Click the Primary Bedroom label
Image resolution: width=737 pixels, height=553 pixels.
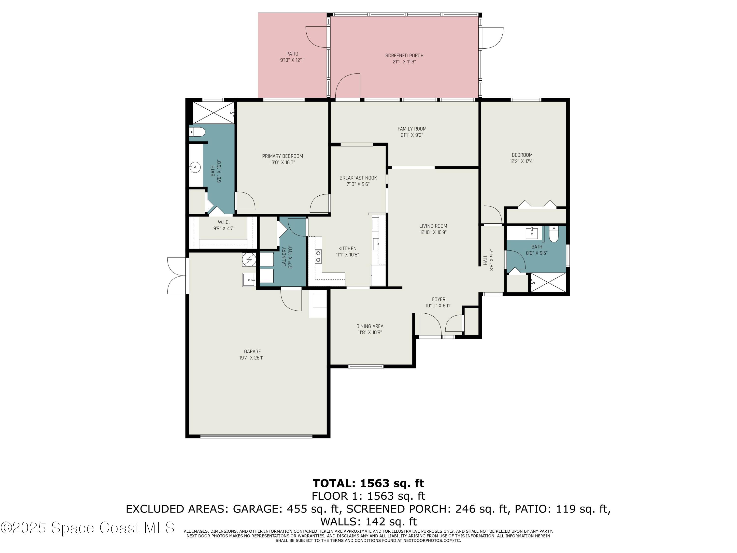[282, 156]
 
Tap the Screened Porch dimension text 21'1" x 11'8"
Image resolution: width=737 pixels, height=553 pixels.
[404, 62]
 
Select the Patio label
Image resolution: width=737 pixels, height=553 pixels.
[292, 54]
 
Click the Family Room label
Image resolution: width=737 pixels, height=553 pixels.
[411, 129]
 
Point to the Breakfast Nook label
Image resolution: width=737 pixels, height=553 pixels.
[358, 178]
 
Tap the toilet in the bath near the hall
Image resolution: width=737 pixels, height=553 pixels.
[553, 235]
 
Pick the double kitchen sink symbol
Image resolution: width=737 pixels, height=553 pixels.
[318, 256]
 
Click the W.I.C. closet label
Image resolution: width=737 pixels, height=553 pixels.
[224, 222]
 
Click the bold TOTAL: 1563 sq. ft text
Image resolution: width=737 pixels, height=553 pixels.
[368, 483]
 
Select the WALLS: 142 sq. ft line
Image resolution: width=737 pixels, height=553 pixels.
[368, 521]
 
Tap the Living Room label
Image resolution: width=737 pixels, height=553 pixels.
[433, 226]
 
